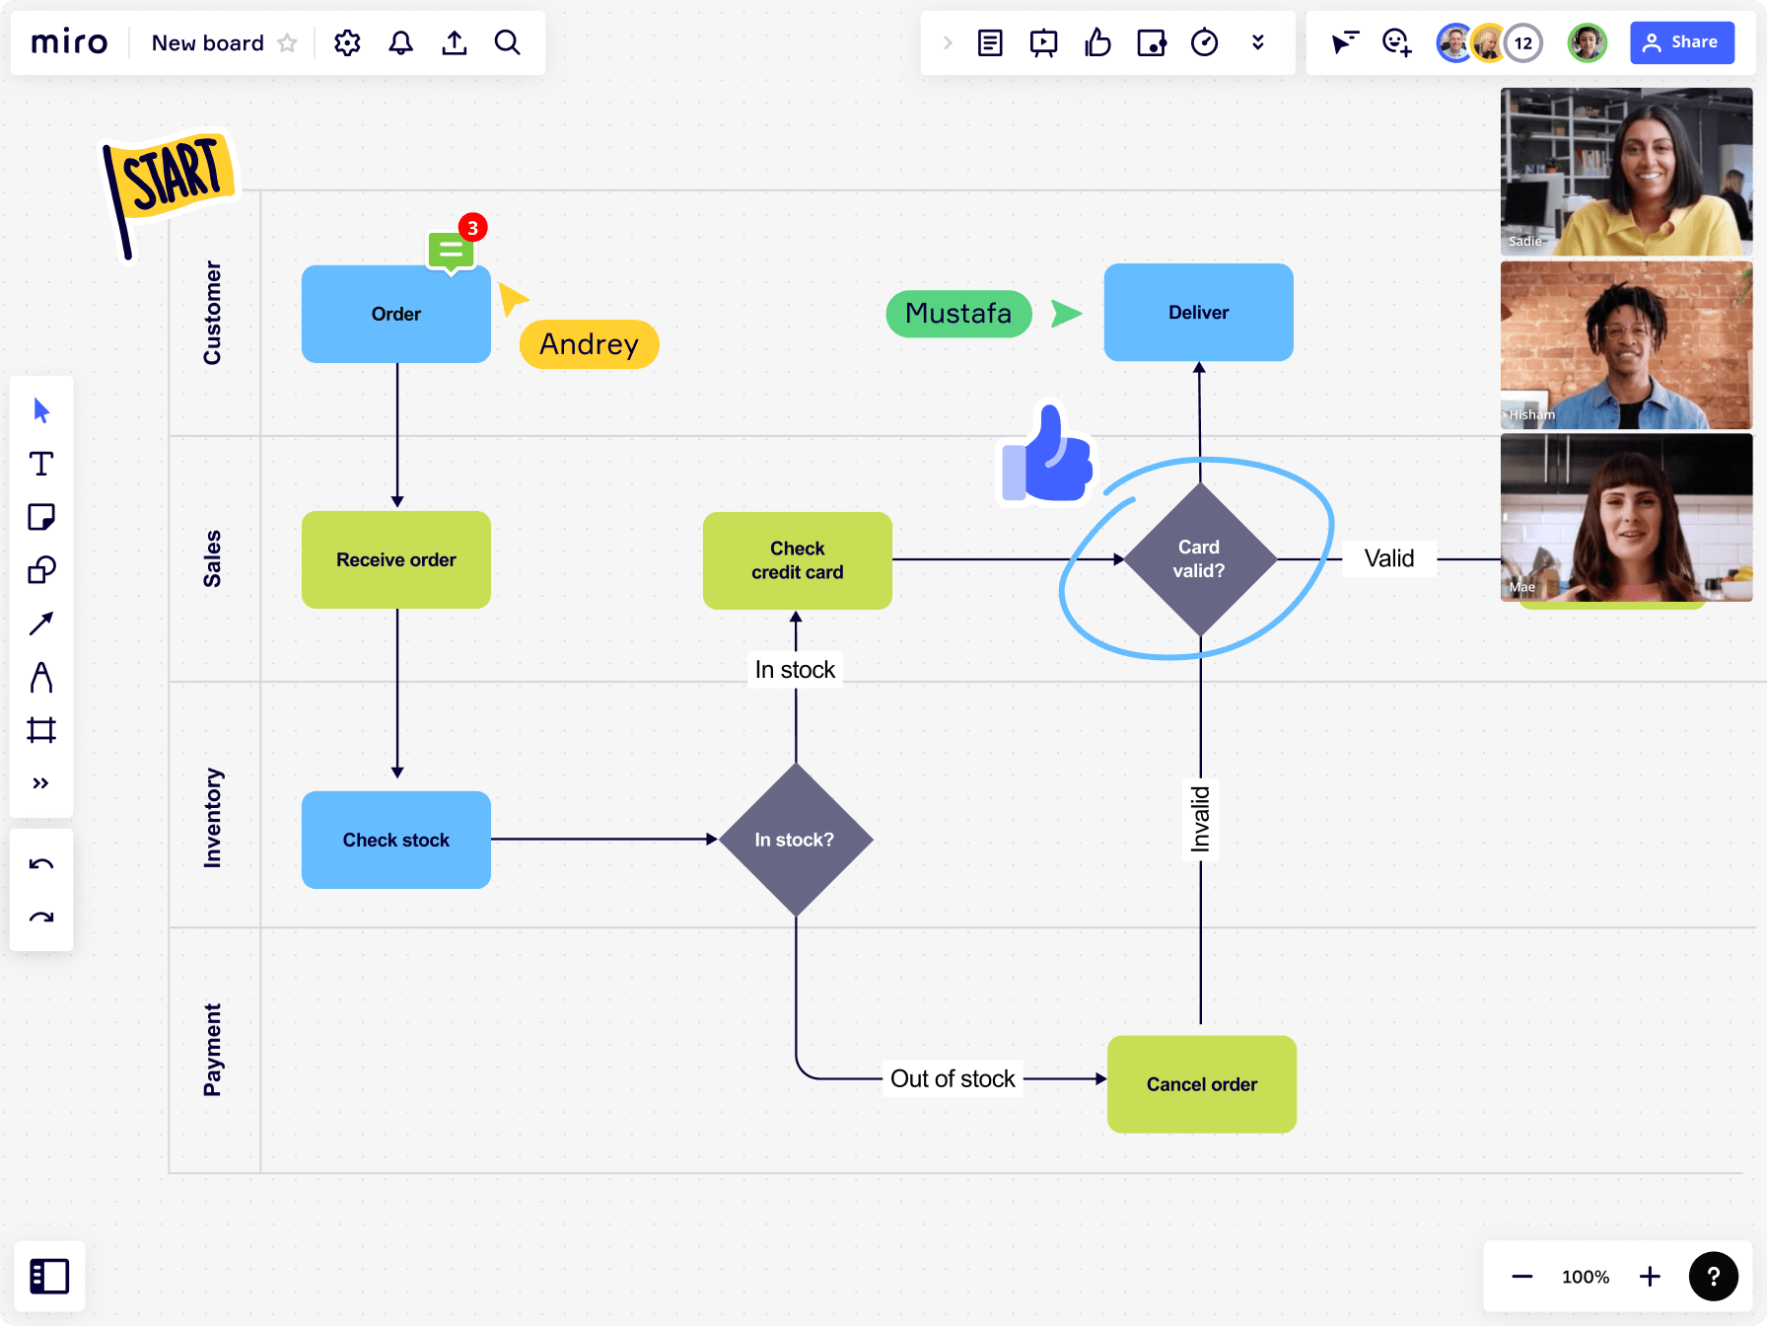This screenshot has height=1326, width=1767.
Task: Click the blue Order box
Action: [396, 314]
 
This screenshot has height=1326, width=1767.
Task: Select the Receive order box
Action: [396, 559]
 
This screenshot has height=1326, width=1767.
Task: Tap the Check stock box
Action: [396, 840]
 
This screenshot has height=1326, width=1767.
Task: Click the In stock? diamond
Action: [796, 840]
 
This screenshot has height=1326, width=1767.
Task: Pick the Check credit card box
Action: [798, 560]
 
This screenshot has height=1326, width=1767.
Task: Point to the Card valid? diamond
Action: [1200, 559]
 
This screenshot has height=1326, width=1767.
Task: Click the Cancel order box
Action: [1202, 1084]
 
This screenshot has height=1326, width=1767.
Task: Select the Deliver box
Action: [1199, 313]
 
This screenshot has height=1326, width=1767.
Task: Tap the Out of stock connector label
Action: [953, 1078]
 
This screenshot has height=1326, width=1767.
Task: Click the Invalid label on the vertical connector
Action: [1200, 819]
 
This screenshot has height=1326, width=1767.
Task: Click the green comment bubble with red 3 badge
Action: [453, 249]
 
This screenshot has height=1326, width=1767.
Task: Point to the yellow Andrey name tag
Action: [590, 344]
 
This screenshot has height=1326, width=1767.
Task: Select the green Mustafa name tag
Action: [959, 314]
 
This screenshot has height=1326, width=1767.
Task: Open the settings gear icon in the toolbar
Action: [347, 42]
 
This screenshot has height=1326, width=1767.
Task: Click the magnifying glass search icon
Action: [508, 42]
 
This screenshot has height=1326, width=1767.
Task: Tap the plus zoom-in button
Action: [1650, 1277]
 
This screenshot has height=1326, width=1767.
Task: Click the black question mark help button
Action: [1714, 1277]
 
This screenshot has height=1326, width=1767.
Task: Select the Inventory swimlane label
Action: [213, 818]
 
